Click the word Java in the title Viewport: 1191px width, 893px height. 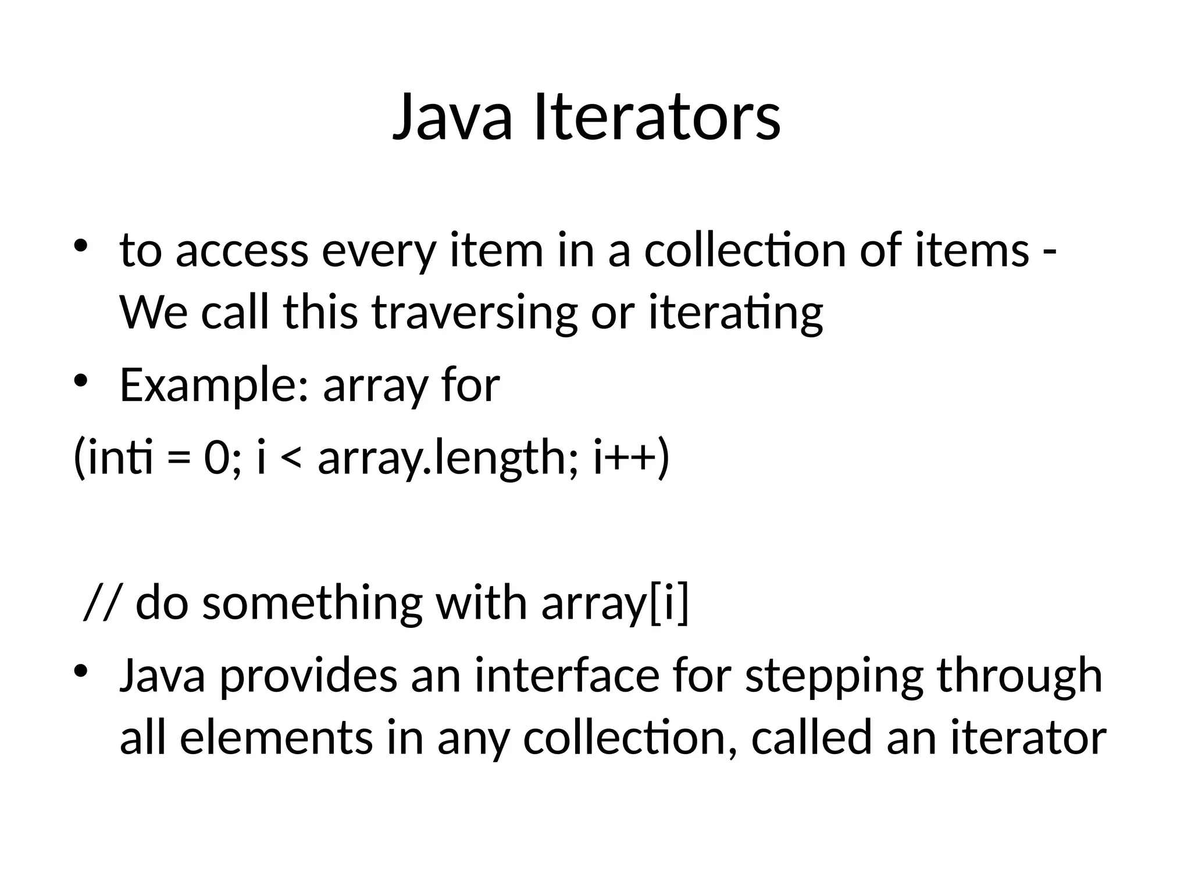tap(453, 118)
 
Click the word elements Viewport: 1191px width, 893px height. tap(276, 738)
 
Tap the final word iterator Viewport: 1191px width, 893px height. tap(1028, 738)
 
